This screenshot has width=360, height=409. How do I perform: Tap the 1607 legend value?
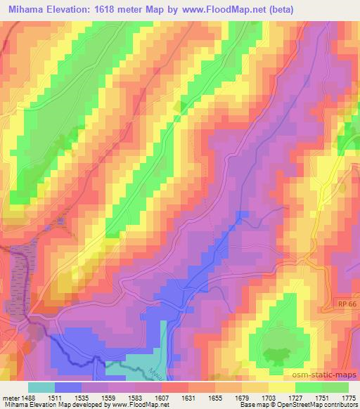pyautogui.click(x=161, y=397)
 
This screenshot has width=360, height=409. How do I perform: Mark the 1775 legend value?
pyautogui.click(x=348, y=397)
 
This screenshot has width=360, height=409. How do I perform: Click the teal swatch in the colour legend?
pyautogui.click(x=41, y=387)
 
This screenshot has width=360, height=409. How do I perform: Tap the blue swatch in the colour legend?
pyautogui.click(x=68, y=387)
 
